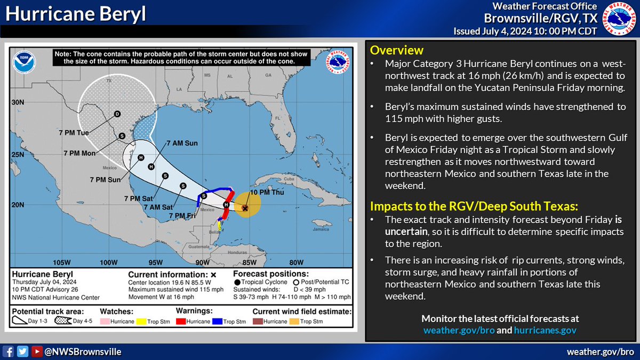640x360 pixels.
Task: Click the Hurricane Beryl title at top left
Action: [76, 15]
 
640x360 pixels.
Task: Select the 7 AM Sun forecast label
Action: [182, 143]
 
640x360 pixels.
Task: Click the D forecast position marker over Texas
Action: [117, 114]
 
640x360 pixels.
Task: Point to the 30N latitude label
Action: [19, 102]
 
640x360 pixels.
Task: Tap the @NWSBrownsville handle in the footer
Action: [83, 351]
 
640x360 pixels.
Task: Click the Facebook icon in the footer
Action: [9, 351]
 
